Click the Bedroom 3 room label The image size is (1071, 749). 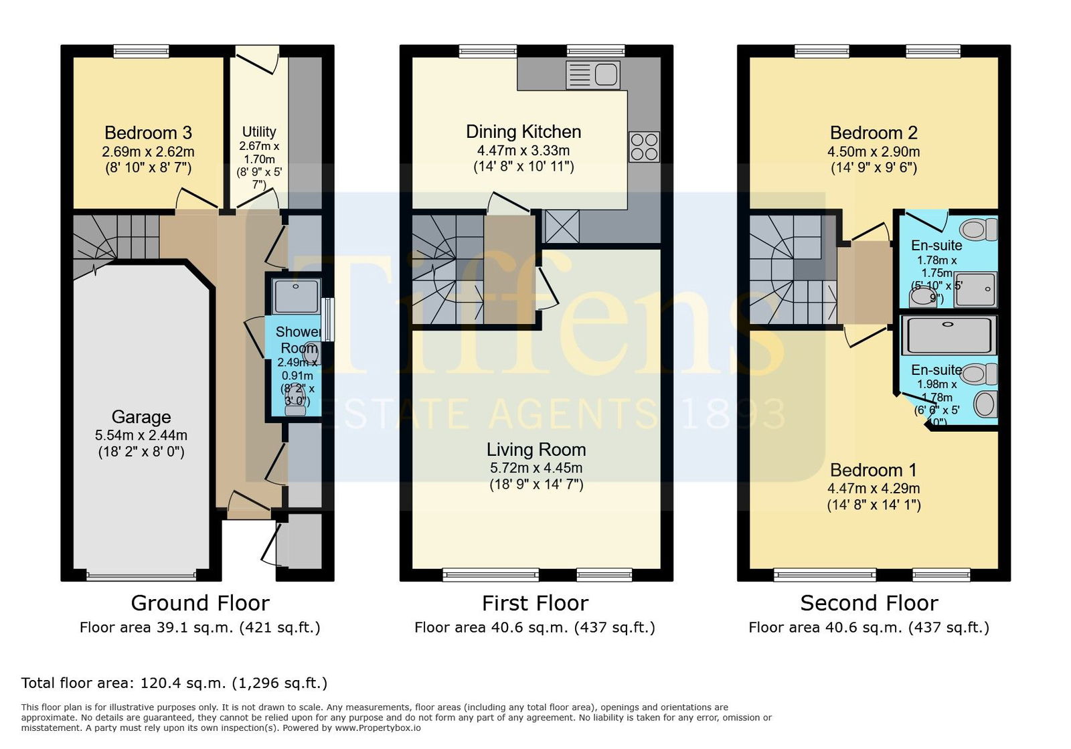[148, 133]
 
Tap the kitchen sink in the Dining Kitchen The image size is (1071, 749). [593, 75]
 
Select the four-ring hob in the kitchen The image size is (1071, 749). [644, 147]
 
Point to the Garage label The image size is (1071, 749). [141, 417]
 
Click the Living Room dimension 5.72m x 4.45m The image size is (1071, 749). [536, 467]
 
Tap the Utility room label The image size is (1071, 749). [259, 131]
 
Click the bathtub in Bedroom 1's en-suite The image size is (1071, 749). [949, 335]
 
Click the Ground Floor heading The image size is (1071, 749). [200, 603]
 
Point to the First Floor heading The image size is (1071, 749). [535, 603]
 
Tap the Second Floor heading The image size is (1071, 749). [870, 603]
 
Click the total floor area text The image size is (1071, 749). [174, 683]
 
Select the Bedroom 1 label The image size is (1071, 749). [874, 470]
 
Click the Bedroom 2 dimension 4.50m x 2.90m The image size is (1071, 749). [874, 151]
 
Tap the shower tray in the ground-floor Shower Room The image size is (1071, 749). [296, 297]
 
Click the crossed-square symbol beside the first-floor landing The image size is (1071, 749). [562, 226]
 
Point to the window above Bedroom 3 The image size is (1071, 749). [141, 51]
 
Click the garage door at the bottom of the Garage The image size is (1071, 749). [141, 575]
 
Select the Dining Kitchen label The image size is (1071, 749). [523, 131]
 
